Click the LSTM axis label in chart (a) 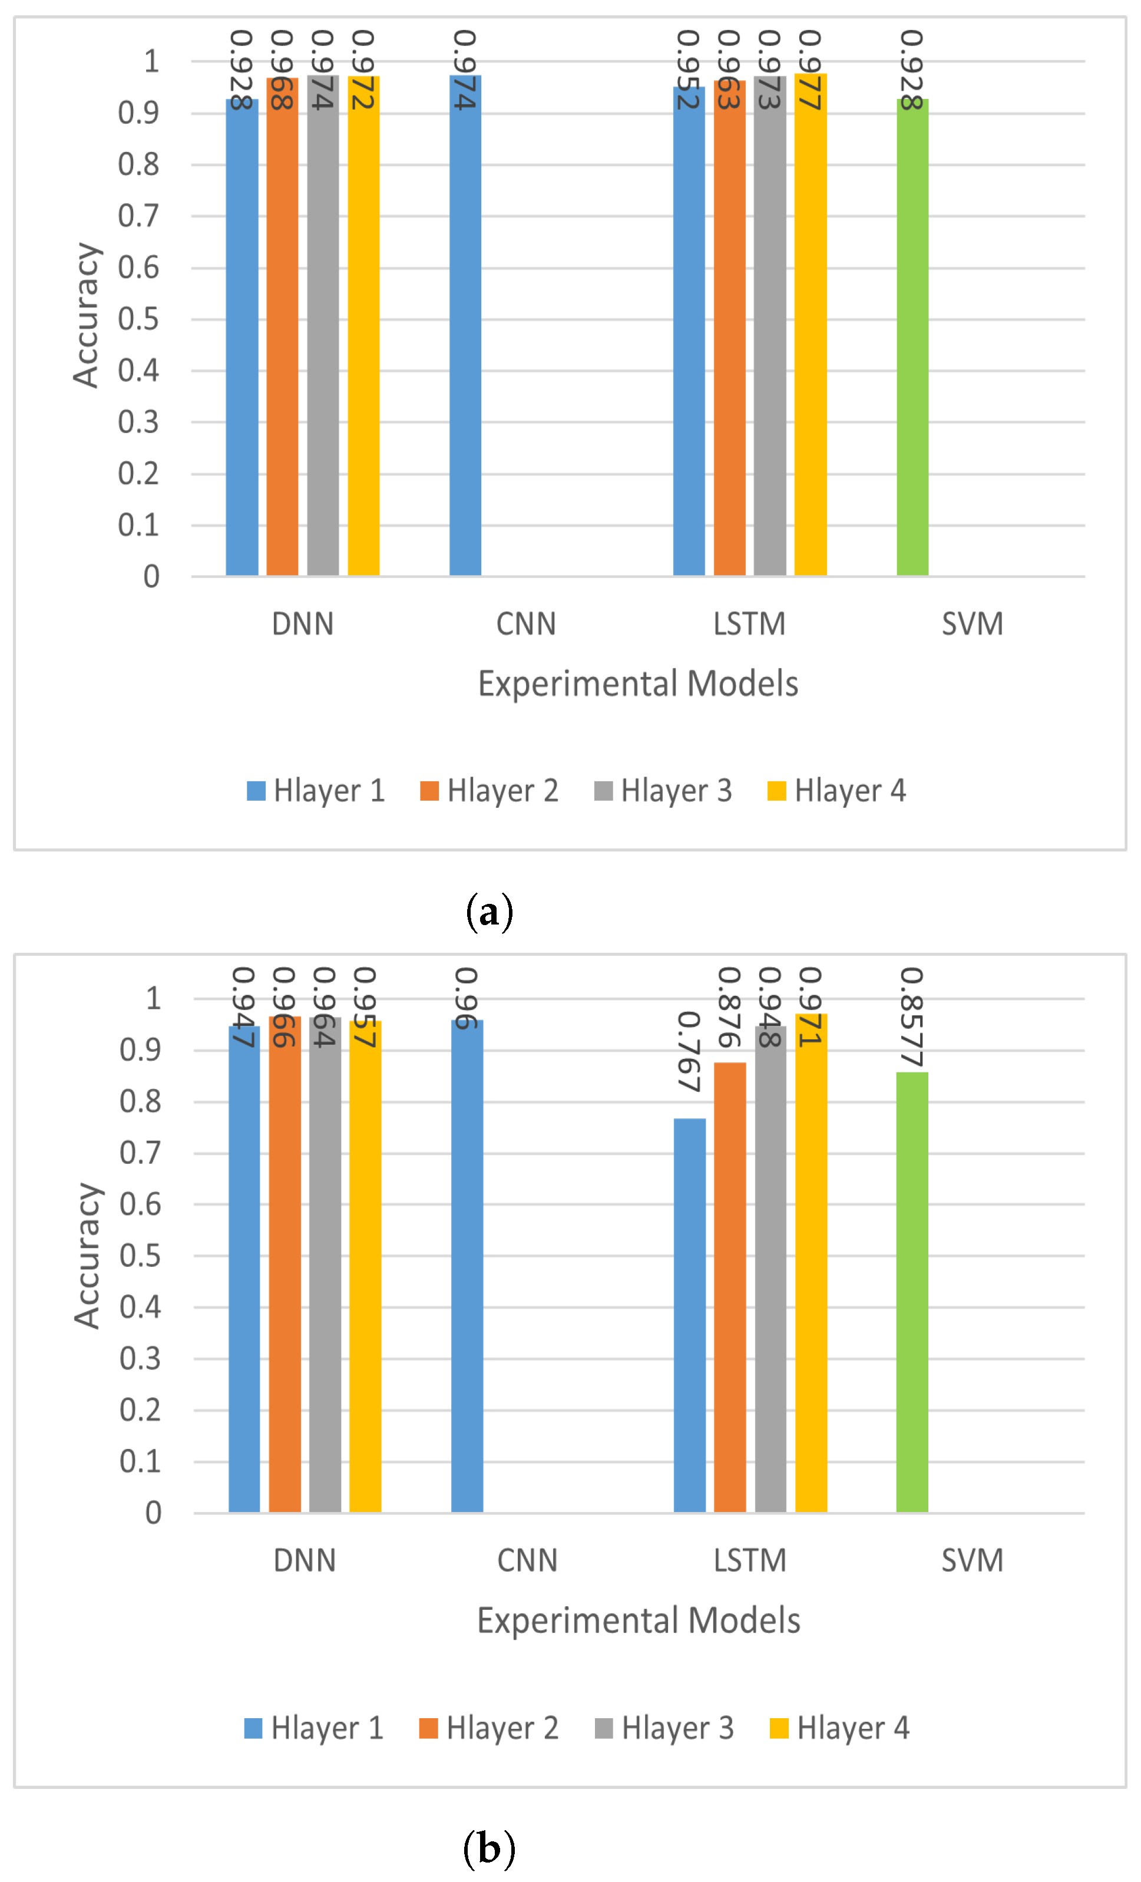coord(749,624)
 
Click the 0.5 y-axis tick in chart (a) coord(138,319)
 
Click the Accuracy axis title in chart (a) coord(85,315)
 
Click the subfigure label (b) coord(490,1848)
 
